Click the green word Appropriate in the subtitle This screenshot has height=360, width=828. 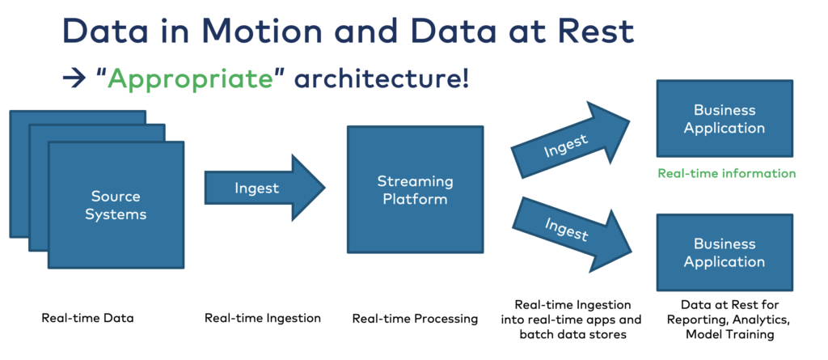pos(188,79)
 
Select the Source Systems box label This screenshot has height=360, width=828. pos(116,205)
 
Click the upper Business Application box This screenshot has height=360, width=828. pos(724,118)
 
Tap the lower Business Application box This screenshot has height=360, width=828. pos(724,252)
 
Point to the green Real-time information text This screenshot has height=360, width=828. pos(726,173)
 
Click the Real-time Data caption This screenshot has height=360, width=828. pos(87,318)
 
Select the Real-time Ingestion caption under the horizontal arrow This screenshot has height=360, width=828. pos(263,318)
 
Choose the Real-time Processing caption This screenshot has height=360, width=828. pos(415,318)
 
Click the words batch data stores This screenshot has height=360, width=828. pos(572,334)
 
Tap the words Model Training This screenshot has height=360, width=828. pos(724,334)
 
